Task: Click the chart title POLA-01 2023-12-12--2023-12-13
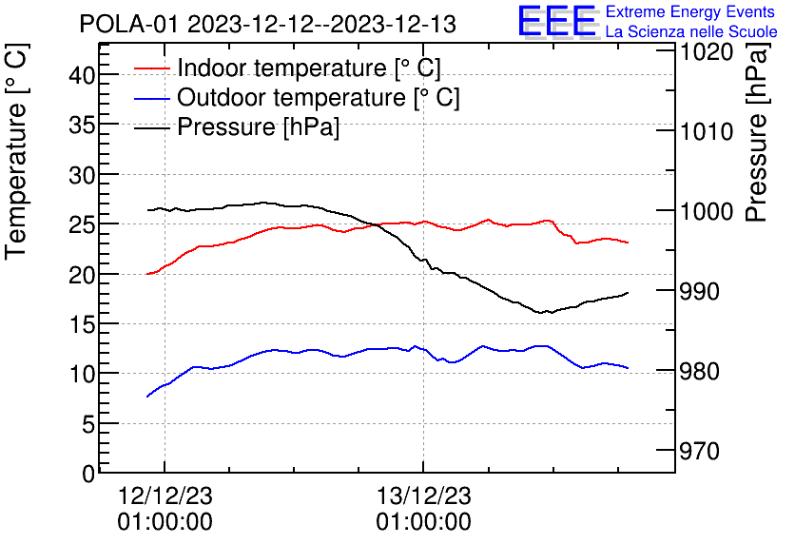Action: pos(267,24)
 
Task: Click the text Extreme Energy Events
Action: pos(691,12)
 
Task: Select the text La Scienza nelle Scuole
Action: pos(691,32)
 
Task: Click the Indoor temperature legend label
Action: pos(309,68)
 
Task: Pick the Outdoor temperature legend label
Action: pos(319,98)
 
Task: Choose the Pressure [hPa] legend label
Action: pos(258,127)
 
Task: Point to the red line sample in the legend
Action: pos(151,68)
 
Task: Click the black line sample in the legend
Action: pos(151,127)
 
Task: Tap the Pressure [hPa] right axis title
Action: pos(757,143)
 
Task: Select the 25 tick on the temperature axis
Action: pos(84,225)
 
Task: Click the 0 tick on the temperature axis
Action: pos(89,474)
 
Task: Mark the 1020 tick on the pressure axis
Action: pos(705,51)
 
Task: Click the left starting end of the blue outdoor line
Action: pos(147,396)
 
